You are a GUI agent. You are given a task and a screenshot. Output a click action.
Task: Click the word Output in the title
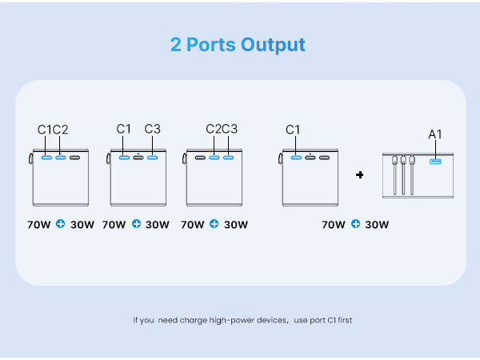click(x=273, y=45)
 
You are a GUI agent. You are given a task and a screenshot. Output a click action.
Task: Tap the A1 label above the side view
click(x=435, y=134)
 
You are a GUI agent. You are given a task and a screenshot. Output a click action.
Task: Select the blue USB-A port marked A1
click(x=435, y=162)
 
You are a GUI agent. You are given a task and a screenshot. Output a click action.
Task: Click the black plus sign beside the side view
click(x=360, y=174)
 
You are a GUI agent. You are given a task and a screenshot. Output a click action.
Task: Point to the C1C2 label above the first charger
click(x=53, y=130)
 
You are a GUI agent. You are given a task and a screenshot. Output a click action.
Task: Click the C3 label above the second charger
click(x=153, y=129)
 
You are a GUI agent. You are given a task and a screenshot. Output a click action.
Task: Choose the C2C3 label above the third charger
click(x=222, y=129)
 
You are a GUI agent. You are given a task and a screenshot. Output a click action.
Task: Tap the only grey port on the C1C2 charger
click(x=74, y=158)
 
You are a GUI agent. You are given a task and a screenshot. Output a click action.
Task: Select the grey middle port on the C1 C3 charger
click(x=138, y=158)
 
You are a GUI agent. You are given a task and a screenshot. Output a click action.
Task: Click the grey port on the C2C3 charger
click(x=200, y=158)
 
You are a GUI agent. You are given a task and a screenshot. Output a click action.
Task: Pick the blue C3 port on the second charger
click(x=153, y=158)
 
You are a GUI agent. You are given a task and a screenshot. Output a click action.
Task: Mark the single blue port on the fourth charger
click(x=296, y=158)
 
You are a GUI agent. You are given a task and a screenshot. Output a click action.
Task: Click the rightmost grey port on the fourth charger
click(x=325, y=158)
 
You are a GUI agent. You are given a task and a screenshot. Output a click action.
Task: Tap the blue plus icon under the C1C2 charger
click(x=61, y=224)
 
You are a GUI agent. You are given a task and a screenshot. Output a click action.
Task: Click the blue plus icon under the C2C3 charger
click(x=214, y=224)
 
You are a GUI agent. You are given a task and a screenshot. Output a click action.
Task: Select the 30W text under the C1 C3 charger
click(x=158, y=225)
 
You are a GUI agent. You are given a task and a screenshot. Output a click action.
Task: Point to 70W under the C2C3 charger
click(x=192, y=225)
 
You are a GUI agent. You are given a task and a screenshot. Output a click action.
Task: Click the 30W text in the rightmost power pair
click(x=377, y=225)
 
